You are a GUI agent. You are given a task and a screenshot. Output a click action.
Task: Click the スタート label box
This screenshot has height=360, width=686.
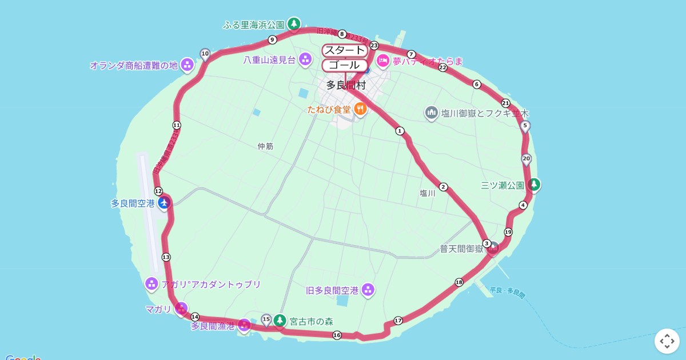[344, 51]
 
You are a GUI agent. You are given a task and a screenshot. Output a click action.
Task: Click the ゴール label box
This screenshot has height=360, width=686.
[344, 65]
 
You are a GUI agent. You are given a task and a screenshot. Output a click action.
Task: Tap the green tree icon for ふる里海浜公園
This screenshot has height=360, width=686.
[293, 24]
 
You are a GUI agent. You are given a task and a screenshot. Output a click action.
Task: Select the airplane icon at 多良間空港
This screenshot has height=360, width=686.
[164, 202]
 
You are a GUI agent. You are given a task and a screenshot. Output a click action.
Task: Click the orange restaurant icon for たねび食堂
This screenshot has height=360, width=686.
[360, 109]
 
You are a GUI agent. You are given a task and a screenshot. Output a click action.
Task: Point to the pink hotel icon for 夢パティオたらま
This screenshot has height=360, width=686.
[382, 61]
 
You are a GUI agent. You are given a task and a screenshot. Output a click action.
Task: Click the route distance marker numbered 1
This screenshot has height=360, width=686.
[400, 131]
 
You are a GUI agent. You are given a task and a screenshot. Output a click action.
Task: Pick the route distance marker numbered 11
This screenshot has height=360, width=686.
[177, 125]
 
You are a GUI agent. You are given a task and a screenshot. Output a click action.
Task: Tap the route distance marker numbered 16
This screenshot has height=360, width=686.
[337, 335]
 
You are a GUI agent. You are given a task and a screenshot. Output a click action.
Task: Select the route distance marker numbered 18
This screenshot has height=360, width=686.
[458, 282]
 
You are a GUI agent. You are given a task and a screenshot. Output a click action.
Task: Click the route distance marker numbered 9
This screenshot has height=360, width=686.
[272, 39]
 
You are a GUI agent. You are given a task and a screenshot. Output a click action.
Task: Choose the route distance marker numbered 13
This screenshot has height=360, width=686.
[166, 257]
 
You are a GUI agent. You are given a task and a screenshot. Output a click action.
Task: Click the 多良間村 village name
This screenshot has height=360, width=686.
[346, 86]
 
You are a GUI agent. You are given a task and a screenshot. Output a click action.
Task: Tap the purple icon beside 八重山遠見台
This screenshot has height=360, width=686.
[305, 58]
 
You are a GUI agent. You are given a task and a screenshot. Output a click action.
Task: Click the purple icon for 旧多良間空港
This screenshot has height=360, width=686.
[368, 290]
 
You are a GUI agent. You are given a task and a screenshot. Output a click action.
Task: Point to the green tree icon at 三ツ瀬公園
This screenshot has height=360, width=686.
[534, 185]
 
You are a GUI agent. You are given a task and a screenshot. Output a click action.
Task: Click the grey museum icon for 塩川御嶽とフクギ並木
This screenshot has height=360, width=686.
[432, 113]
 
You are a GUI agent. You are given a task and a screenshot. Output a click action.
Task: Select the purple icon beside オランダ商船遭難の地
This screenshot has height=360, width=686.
[187, 65]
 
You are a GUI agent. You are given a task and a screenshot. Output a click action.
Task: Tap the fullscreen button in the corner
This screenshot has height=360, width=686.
[667, 341]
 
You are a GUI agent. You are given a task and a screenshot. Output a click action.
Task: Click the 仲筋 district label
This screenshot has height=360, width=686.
[265, 146]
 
